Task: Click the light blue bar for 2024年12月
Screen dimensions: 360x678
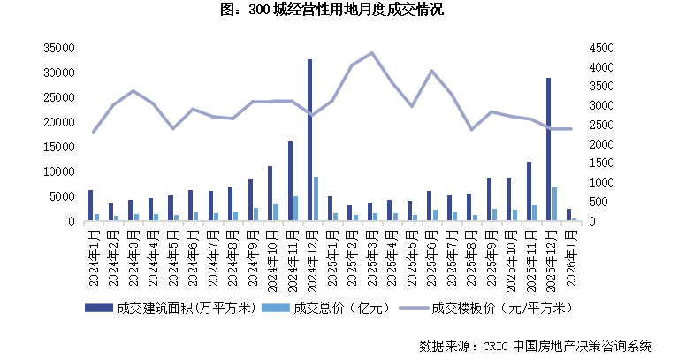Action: click(316, 199)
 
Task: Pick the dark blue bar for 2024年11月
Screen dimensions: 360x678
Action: click(289, 180)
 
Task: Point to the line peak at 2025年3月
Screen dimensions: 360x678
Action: click(372, 53)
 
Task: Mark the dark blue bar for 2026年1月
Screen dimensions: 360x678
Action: click(568, 215)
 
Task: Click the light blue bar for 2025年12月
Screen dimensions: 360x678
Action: click(555, 203)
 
